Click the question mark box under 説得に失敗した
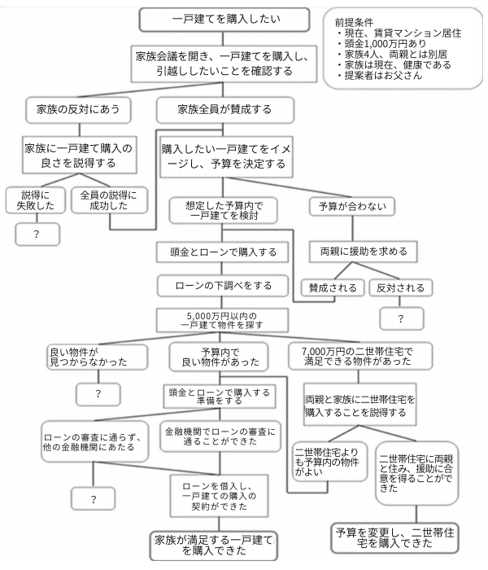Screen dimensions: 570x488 coord(37,234)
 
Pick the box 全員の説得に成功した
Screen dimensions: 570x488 coord(109,200)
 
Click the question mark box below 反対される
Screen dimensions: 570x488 coord(399,318)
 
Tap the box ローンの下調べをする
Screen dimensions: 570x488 coord(223,286)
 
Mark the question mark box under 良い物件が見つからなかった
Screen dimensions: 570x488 coord(98,393)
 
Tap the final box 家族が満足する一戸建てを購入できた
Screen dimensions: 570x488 coord(213,546)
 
